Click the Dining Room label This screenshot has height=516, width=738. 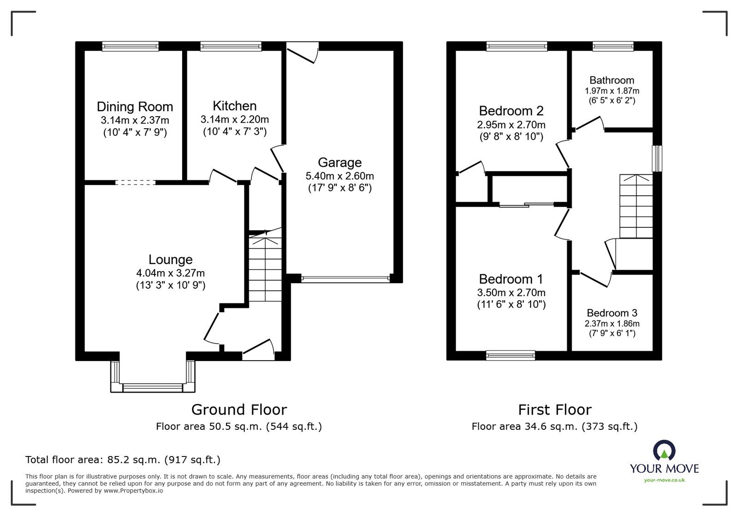pyautogui.click(x=135, y=107)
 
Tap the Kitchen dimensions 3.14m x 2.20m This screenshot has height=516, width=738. pyautogui.click(x=234, y=119)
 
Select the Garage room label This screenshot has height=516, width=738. pyautogui.click(x=339, y=162)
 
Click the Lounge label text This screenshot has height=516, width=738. pyautogui.click(x=170, y=260)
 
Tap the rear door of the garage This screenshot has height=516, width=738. pyautogui.click(x=302, y=51)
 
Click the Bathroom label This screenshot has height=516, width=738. pyautogui.click(x=612, y=80)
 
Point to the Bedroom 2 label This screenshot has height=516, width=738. pyautogui.click(x=511, y=111)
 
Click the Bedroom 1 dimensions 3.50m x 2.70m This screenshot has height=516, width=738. pyautogui.click(x=511, y=292)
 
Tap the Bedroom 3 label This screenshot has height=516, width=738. pyautogui.click(x=612, y=313)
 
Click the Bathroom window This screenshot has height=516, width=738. pyautogui.click(x=613, y=46)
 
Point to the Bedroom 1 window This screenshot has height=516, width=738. pyautogui.click(x=511, y=355)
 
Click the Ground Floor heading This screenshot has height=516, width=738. pyautogui.click(x=239, y=409)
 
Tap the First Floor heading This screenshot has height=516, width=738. pyautogui.click(x=554, y=409)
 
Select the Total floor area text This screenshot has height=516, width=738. pyautogui.click(x=123, y=460)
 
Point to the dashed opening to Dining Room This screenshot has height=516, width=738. pyautogui.click(x=135, y=183)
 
